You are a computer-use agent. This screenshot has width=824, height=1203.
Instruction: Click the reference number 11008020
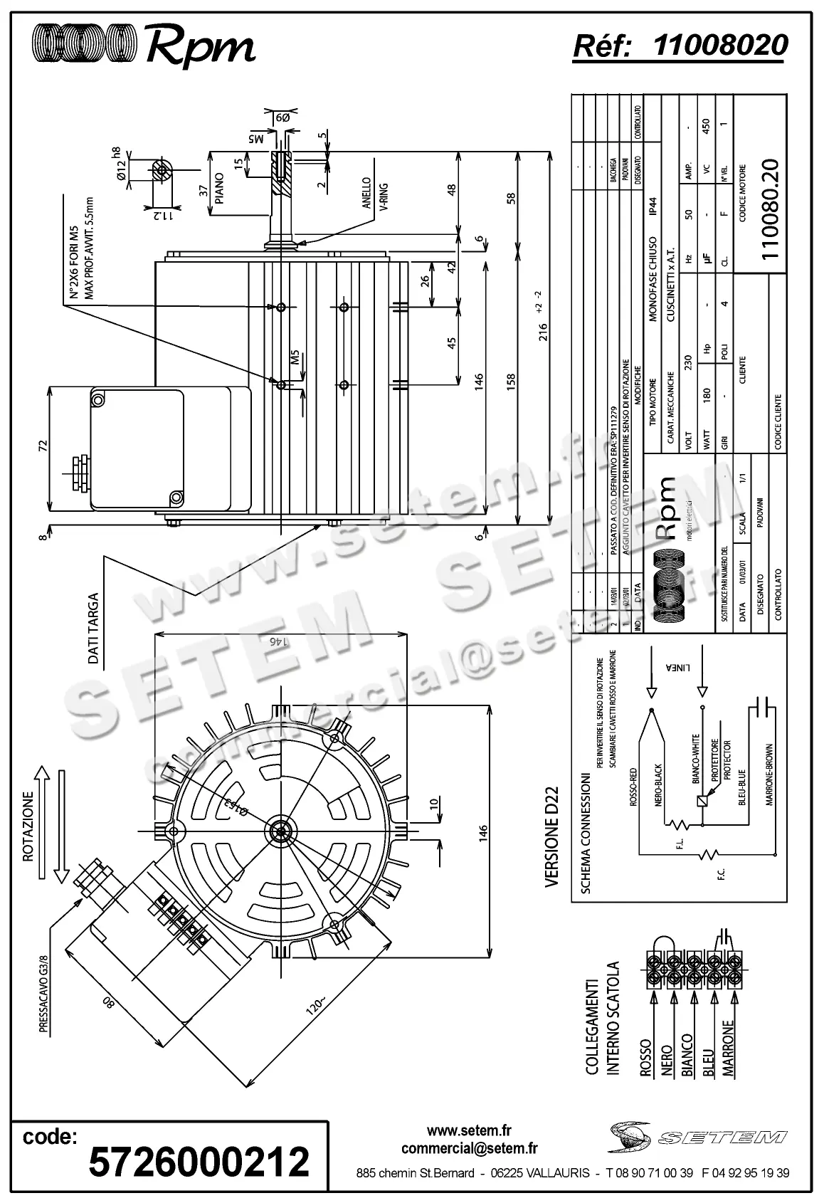point(720,46)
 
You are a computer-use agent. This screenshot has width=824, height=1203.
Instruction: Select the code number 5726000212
point(199,1161)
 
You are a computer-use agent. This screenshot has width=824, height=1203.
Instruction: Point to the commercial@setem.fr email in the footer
point(469,1148)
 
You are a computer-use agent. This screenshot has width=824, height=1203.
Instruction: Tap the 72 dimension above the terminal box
point(43,446)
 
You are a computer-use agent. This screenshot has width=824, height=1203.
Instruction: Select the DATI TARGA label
point(93,629)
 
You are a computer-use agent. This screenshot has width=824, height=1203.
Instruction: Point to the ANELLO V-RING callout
point(374,194)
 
